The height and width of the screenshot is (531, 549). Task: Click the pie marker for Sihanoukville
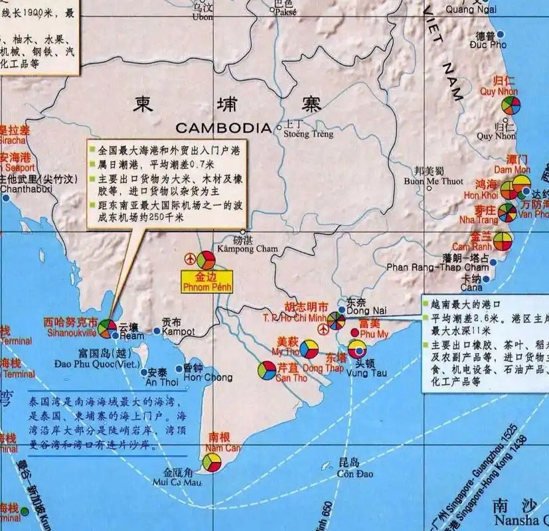pos(106,328)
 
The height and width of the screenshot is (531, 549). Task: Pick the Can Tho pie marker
pos(267,370)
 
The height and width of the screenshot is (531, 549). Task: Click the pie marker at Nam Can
pos(212,463)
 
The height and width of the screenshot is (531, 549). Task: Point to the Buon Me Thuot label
pos(434,181)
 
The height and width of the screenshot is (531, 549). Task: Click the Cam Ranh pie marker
pos(503,242)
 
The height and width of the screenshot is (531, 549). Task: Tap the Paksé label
pos(285,11)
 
